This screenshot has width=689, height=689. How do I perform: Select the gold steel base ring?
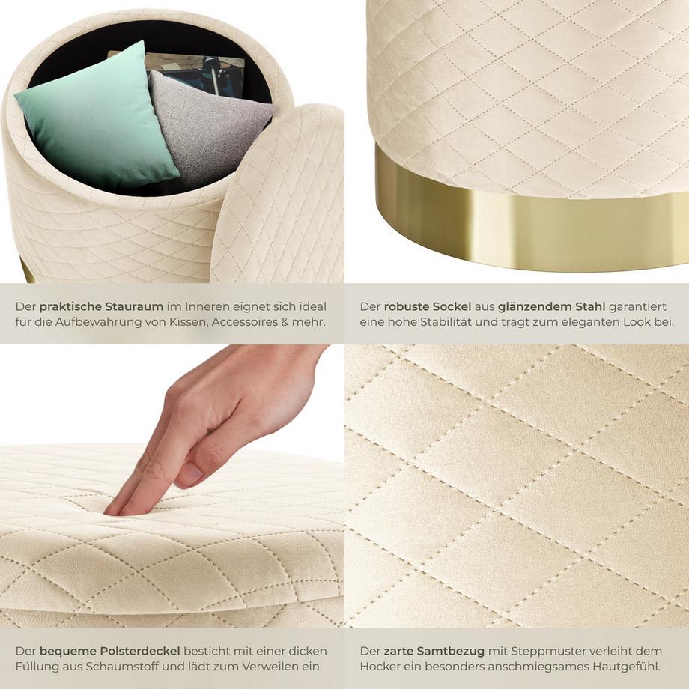524,225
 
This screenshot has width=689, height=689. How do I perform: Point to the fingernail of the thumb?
190,473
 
